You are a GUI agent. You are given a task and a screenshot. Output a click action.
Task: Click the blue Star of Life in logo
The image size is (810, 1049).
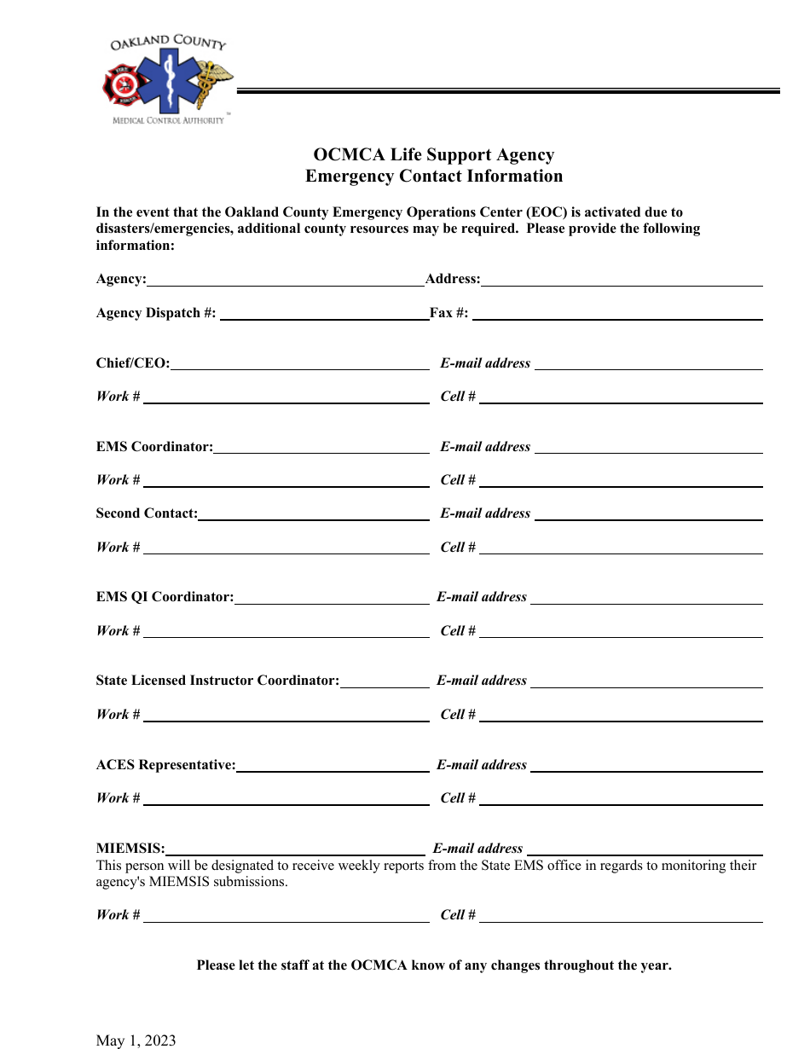click(167, 82)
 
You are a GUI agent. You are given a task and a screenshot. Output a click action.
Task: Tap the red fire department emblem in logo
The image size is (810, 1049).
click(120, 85)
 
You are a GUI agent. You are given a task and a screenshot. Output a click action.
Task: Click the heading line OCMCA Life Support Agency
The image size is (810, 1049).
click(434, 155)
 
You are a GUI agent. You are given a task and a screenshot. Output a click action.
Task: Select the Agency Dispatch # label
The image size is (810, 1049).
click(156, 313)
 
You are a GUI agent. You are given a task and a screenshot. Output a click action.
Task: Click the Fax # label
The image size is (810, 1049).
click(449, 313)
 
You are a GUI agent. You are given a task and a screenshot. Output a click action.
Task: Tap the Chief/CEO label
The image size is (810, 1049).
click(133, 363)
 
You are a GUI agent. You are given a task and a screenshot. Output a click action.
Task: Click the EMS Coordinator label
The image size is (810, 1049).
click(154, 447)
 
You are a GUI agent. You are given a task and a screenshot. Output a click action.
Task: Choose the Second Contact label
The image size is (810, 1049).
click(147, 513)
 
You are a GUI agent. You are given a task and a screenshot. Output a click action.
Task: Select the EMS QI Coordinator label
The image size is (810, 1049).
click(165, 597)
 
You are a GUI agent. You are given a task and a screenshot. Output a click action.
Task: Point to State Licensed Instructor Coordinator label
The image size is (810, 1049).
click(217, 681)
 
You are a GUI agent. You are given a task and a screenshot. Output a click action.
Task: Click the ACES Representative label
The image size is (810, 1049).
click(165, 765)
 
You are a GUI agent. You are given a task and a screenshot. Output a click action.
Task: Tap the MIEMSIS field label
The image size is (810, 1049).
click(130, 849)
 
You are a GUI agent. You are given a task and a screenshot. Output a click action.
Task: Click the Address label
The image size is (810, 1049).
click(453, 279)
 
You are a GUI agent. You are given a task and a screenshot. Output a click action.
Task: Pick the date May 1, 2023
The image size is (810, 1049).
click(136, 1040)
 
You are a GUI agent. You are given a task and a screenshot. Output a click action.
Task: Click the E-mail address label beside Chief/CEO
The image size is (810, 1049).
click(485, 363)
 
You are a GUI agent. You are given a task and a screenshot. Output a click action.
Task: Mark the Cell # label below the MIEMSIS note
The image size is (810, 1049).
click(458, 915)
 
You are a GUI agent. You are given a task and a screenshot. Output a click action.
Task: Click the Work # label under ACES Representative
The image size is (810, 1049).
click(119, 798)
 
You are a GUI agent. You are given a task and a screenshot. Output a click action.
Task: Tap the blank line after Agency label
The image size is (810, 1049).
click(286, 281)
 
